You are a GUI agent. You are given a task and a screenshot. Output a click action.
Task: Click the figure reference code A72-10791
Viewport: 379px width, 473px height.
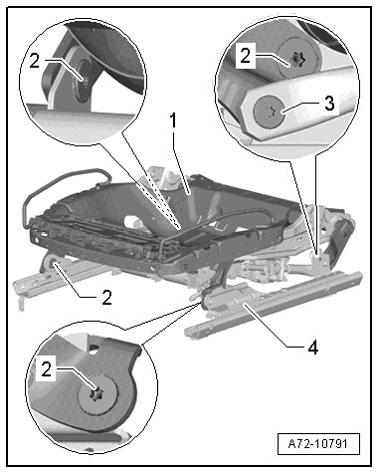[318, 443]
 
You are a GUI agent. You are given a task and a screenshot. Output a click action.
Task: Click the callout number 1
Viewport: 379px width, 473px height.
[172, 120]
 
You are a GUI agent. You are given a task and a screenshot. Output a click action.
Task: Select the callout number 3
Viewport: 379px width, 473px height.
[329, 104]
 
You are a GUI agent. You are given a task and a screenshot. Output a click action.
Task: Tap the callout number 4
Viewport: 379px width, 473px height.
[313, 348]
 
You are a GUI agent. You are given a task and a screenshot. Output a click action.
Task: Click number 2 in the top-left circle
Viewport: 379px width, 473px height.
[35, 61]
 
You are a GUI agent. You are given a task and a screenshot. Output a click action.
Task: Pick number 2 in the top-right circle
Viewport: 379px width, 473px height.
[246, 56]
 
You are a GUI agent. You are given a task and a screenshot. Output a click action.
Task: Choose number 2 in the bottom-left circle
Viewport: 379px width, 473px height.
[47, 368]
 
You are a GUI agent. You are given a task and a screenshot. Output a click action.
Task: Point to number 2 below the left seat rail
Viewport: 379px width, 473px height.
[106, 297]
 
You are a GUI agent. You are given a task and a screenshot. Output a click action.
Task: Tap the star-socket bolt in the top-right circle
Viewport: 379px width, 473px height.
[297, 60]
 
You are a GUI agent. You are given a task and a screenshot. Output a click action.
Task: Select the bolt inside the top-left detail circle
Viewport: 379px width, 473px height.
[83, 80]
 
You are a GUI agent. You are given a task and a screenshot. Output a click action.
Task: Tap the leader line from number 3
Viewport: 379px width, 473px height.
[300, 108]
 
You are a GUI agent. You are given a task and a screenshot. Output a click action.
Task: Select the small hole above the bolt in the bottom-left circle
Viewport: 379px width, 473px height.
[95, 348]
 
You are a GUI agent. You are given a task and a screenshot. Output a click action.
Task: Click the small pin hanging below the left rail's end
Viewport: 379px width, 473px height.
[22, 302]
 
